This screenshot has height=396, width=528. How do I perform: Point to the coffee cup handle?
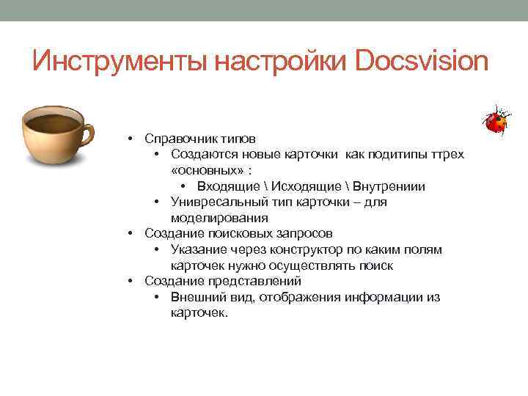click(86, 133)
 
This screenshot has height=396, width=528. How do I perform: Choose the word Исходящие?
click(315, 186)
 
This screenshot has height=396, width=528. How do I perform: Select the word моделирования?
click(219, 218)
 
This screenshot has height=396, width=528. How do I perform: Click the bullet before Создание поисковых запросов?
click(129, 234)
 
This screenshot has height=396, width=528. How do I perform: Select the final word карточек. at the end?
click(199, 313)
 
